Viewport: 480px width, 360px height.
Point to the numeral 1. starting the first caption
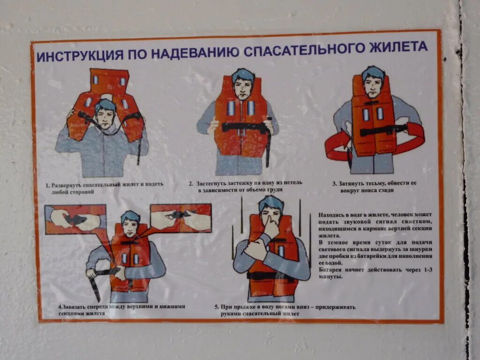[x=48, y=186]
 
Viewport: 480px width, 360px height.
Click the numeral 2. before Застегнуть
[x=191, y=184]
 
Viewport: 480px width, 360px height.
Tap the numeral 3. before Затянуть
[x=335, y=184]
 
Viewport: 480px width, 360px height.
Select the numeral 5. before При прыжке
[x=217, y=307]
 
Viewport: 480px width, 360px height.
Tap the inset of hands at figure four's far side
[x=75, y=220]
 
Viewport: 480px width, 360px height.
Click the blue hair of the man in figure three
[x=373, y=73]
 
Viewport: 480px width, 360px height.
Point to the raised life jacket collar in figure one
[x=109, y=81]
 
